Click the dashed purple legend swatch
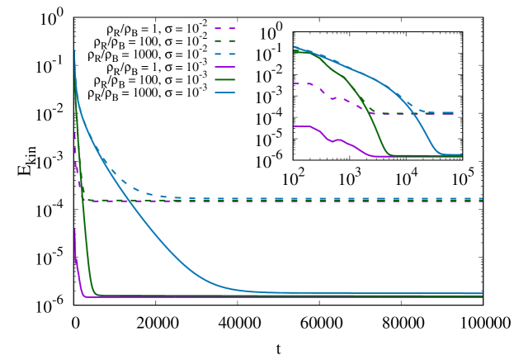tap(225, 28)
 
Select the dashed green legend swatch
tap(225, 40)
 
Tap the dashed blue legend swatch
tap(225, 54)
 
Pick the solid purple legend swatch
tap(225, 67)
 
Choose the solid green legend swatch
tap(225, 80)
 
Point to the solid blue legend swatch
tap(225, 92)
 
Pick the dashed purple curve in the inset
tap(338, 98)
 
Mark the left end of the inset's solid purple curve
tap(295, 126)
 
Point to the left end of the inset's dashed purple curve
tap(295, 83)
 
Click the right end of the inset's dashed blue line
tap(461, 112)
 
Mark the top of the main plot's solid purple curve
tap(75, 230)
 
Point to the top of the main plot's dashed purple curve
tap(75, 134)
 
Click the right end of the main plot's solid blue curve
tap(482, 293)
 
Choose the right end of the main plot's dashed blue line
tap(482, 198)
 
